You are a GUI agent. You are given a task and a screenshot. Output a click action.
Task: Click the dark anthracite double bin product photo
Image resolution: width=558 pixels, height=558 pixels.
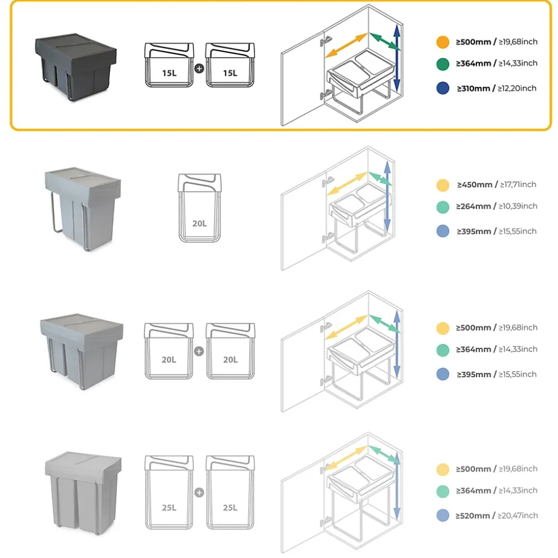pos(76,64)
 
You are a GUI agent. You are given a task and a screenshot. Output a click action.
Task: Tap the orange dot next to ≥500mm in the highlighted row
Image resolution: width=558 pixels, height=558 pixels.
pos(442,42)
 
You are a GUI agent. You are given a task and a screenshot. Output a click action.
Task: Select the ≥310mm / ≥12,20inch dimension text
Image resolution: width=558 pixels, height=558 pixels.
pos(496,88)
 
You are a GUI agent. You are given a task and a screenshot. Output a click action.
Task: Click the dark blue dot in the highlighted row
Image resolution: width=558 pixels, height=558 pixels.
pos(442,88)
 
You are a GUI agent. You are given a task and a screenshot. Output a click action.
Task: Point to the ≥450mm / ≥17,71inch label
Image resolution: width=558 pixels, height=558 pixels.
pos(496,184)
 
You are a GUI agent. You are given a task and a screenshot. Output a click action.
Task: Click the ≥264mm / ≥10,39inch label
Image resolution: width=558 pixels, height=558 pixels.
pos(496,206)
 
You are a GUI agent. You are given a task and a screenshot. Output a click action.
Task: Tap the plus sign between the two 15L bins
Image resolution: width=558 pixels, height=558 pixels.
pos(199,68)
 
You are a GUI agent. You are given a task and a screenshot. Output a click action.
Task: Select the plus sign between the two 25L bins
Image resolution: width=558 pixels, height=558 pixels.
pos(199,492)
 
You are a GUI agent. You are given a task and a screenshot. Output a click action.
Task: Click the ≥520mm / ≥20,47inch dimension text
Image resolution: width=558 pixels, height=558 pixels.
pos(496,516)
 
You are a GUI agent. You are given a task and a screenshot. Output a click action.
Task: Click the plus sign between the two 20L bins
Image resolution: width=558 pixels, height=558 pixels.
pos(199,351)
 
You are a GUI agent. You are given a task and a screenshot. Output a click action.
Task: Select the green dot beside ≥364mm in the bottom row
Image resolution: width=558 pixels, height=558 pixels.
pos(442,491)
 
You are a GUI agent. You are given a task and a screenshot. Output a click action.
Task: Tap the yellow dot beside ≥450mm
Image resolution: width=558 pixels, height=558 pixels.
pos(442,185)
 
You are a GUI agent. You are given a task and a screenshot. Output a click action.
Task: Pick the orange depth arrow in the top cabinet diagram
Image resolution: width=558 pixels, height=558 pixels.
pos(346,45)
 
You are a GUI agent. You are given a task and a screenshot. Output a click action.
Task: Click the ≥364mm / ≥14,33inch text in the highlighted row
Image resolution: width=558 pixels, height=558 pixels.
pos(496,63)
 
